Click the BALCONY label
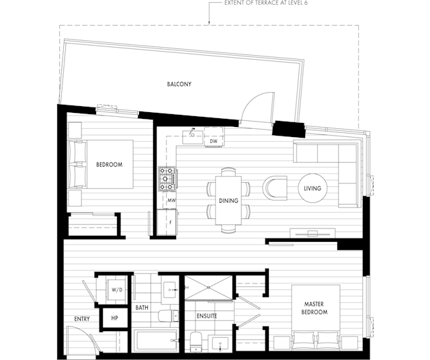pos(179,84)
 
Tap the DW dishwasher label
pos(214,141)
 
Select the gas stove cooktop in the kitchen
pos(167,179)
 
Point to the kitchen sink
pos(193,137)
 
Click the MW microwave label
pos(172,200)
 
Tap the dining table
pos(228,200)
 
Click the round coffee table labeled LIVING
pos(312,188)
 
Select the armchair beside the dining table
pos(275,188)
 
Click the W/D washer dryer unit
pos(116,289)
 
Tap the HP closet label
pos(115,318)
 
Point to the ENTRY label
pos(82,319)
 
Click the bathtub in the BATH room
pos(155,341)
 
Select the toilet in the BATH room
pos(168,316)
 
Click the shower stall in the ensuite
pos(209,287)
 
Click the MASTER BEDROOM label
pos(314,308)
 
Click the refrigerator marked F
pos(167,222)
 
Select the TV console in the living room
pos(312,233)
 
